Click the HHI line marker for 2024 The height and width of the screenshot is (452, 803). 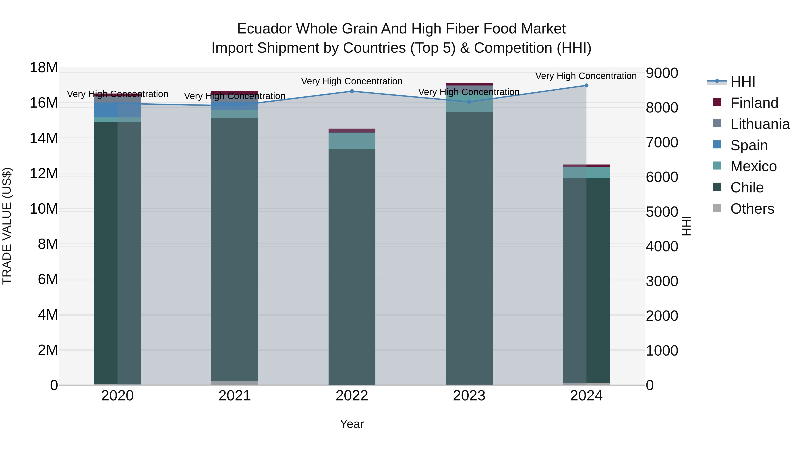[586, 85]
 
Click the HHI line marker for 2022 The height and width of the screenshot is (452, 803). [352, 91]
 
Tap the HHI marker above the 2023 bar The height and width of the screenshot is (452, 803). [469, 102]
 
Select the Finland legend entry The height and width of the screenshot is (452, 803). [754, 103]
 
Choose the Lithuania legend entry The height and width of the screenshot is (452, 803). [760, 124]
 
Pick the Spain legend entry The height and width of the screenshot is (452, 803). [749, 145]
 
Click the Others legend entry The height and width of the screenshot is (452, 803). [752, 209]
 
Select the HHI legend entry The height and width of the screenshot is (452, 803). [743, 82]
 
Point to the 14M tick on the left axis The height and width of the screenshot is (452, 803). [44, 138]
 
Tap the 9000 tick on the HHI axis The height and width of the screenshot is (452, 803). [662, 73]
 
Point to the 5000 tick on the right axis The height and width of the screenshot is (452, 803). [662, 212]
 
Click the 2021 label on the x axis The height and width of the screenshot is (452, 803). [235, 396]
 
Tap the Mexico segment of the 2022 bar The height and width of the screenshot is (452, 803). [352, 141]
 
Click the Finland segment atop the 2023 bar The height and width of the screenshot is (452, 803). [469, 84]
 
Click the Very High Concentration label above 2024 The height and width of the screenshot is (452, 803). [586, 76]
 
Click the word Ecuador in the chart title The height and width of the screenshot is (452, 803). [265, 29]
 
